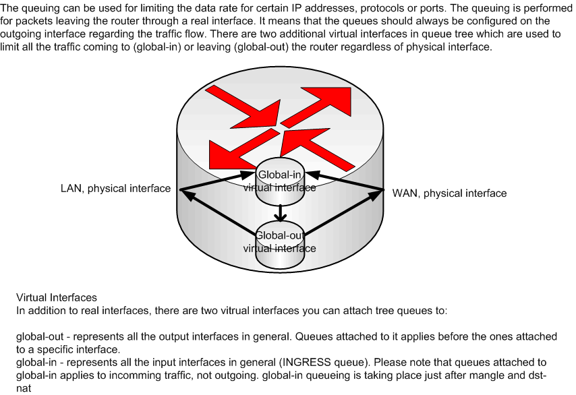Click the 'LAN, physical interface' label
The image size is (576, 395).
(x=116, y=188)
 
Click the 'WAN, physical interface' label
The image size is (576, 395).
(x=449, y=193)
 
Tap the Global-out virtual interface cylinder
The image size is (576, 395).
(x=280, y=246)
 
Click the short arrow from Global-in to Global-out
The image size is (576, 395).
(x=281, y=212)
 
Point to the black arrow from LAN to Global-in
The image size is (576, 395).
(x=217, y=181)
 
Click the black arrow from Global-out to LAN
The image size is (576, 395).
(x=219, y=213)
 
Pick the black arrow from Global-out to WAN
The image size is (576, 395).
(x=344, y=212)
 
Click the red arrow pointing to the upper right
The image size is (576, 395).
(x=316, y=107)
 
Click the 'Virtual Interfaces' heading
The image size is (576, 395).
(x=57, y=297)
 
